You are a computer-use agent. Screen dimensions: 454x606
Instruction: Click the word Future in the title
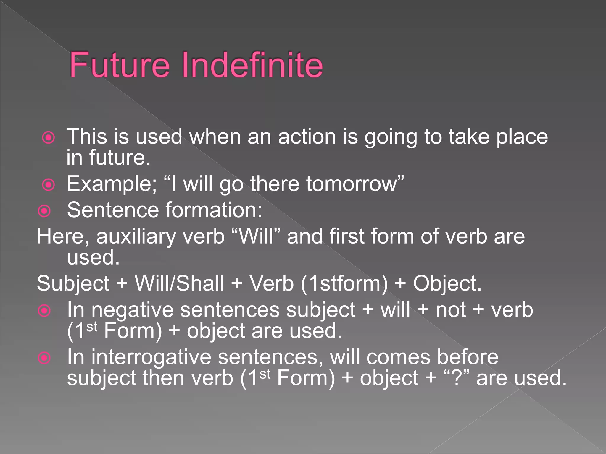[x=120, y=65]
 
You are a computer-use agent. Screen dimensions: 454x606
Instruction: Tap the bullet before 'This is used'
[x=49, y=138]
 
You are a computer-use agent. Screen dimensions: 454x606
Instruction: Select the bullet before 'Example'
[x=49, y=185]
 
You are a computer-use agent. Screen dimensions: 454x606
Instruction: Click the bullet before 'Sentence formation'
[x=45, y=211]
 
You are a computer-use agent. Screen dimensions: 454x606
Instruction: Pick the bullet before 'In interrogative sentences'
[x=45, y=358]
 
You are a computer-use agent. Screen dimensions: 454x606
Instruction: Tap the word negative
[x=132, y=310]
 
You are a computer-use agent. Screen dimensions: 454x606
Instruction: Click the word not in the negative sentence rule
[x=451, y=310]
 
